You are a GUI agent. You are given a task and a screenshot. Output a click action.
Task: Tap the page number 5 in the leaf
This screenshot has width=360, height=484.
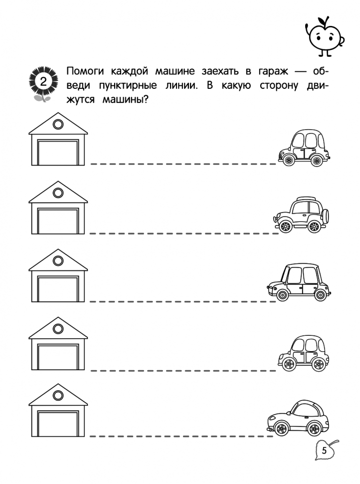pyautogui.click(x=325, y=451)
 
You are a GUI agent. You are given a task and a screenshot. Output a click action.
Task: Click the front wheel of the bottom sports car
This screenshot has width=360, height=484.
pyautogui.click(x=282, y=428)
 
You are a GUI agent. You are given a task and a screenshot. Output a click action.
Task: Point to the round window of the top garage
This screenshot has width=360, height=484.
pyautogui.click(x=58, y=124)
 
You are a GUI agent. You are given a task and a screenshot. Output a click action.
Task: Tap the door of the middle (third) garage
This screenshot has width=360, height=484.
pyautogui.click(x=58, y=289)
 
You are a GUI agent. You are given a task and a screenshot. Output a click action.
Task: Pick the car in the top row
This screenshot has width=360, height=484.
pyautogui.click(x=303, y=148)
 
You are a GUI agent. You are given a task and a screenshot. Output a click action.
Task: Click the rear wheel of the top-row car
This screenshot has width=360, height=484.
pyautogui.click(x=316, y=160)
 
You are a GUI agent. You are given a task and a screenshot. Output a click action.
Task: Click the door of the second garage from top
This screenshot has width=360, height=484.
pyautogui.click(x=58, y=221)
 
